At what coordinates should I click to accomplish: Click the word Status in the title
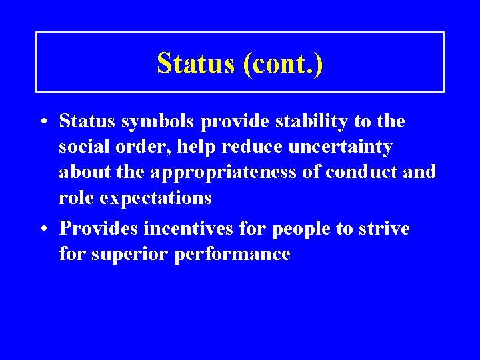click(x=196, y=63)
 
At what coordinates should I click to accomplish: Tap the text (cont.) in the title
click(x=283, y=63)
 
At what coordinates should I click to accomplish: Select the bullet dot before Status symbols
click(x=42, y=122)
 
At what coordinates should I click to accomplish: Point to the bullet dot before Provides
click(x=42, y=229)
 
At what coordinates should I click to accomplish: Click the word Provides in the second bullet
click(x=100, y=229)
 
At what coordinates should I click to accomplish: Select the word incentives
click(x=195, y=229)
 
